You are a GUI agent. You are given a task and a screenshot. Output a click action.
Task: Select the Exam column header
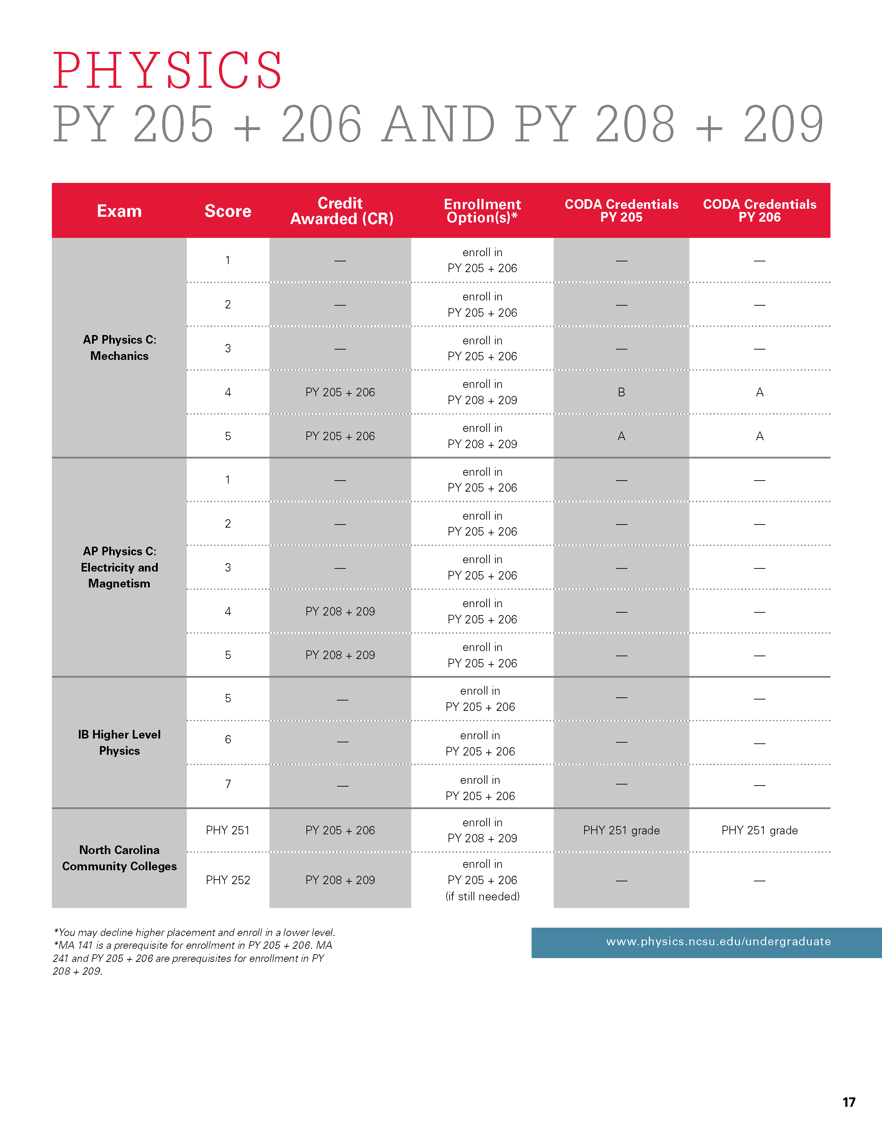[119, 211]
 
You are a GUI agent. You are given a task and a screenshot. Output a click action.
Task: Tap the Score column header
[228, 211]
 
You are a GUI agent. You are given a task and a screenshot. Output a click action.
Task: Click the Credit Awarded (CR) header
[341, 211]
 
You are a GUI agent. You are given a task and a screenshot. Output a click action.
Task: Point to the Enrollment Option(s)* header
[482, 211]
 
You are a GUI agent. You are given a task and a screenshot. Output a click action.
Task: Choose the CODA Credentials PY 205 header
[621, 211]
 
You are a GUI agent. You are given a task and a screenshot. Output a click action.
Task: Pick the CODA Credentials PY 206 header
[759, 211]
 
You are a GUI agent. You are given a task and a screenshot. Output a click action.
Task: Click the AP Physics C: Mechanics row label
[119, 348]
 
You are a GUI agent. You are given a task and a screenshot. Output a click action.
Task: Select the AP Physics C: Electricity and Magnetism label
[119, 567]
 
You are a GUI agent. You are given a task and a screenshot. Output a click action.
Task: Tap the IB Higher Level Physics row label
[119, 742]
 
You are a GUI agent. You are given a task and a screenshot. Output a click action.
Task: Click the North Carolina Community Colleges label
[119, 858]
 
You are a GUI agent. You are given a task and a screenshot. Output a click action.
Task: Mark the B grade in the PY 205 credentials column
[621, 392]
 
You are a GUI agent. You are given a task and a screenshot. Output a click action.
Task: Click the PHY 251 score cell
[228, 830]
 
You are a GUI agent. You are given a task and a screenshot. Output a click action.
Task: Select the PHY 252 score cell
[228, 880]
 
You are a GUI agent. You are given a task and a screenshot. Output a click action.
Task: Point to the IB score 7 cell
[228, 783]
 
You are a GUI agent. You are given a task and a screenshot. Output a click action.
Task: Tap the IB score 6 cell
[228, 739]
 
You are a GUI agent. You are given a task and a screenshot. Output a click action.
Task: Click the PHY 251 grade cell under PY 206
[759, 830]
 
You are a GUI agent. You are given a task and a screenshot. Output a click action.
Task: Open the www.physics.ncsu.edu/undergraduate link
[718, 941]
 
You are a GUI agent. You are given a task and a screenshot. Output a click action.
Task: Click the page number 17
[848, 1102]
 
